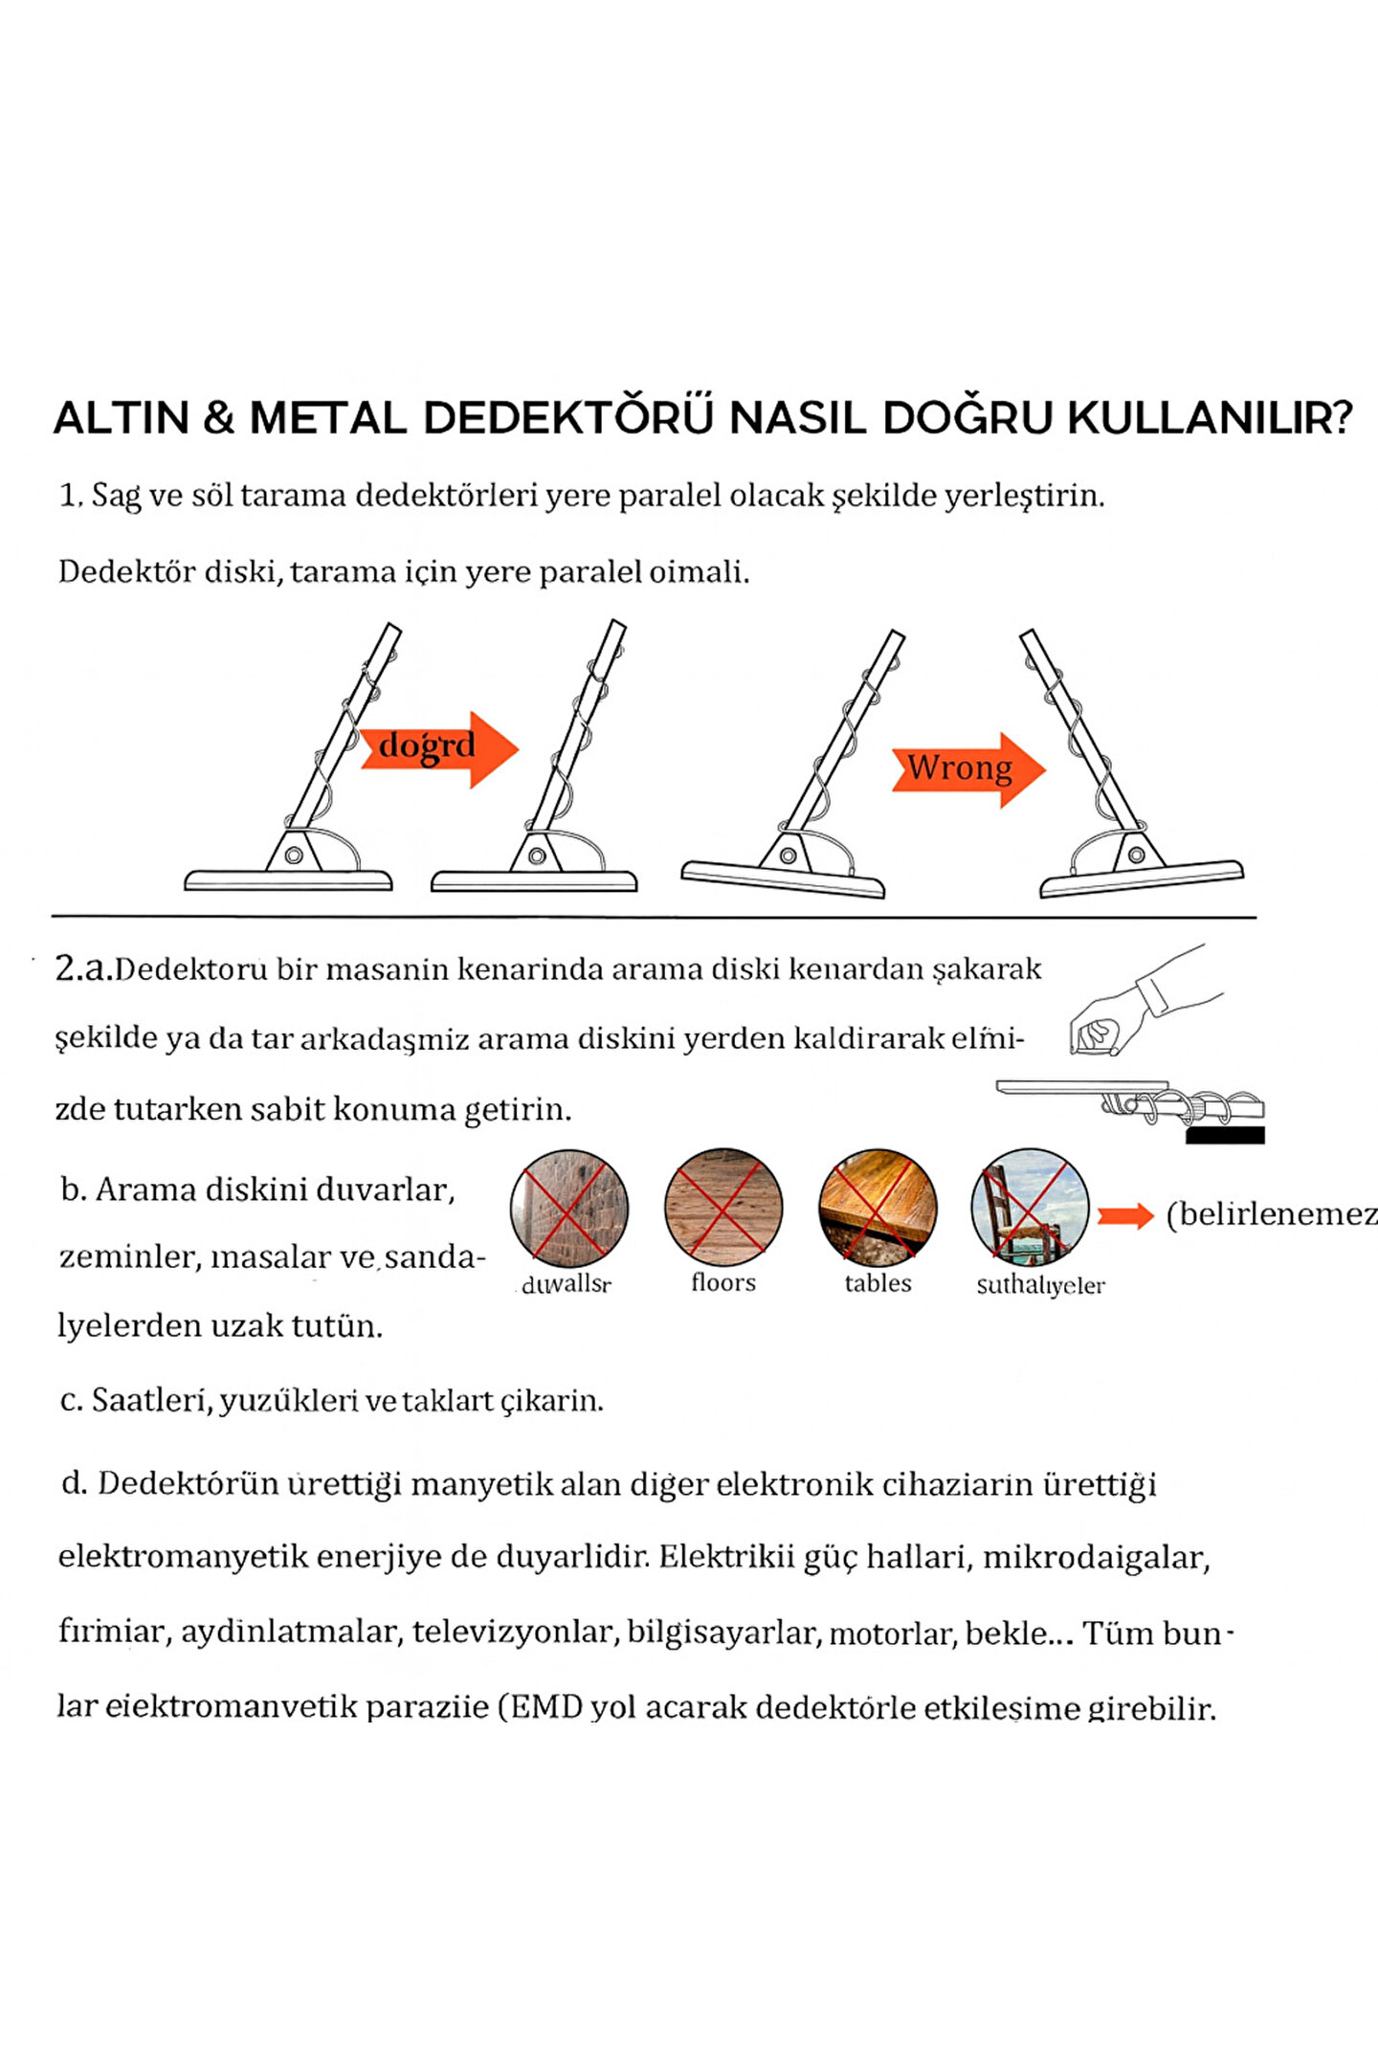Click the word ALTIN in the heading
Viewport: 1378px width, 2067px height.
[x=122, y=418]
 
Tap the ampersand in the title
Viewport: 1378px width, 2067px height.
[x=219, y=419]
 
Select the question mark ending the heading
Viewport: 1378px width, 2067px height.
[x=1341, y=418]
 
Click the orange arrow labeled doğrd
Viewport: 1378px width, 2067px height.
[x=438, y=747]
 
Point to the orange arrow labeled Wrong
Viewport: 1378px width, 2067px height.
[x=967, y=768]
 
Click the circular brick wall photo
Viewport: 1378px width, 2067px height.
[x=569, y=1209]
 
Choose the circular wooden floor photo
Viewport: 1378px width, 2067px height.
[x=723, y=1207]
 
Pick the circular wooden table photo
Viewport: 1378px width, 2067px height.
[x=878, y=1207]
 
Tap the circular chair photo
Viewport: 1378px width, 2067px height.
[x=1030, y=1208]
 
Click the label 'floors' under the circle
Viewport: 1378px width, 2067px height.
[x=723, y=1282]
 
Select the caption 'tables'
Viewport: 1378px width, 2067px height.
[x=878, y=1283]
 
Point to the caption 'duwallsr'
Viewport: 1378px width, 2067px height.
[x=567, y=1284]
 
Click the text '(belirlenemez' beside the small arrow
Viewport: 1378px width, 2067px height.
[x=1271, y=1214]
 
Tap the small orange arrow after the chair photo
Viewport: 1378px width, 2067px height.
[x=1125, y=1216]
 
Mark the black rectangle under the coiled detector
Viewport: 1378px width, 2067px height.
[x=1225, y=1135]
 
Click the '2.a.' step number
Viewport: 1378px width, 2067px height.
[x=84, y=968]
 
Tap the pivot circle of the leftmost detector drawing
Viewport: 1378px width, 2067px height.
[x=294, y=855]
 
